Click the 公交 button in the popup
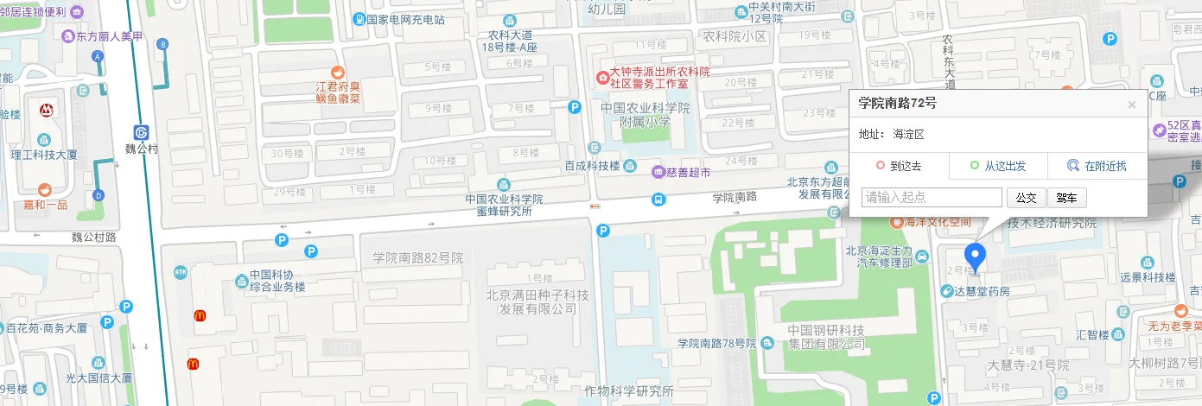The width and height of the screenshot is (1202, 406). click(x=1026, y=198)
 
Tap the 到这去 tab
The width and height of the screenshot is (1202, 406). click(x=899, y=166)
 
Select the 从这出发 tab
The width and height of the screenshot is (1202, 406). click(x=998, y=166)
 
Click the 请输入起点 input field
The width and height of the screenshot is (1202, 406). click(x=932, y=198)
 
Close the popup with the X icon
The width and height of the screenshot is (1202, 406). click(x=1131, y=105)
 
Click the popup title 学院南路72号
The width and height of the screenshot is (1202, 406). click(x=897, y=103)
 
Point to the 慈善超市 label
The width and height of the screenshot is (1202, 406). click(x=687, y=172)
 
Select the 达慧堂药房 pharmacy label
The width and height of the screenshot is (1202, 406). click(x=981, y=291)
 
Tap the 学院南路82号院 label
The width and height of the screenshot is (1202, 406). click(x=418, y=257)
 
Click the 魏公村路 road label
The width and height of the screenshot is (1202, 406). click(x=94, y=236)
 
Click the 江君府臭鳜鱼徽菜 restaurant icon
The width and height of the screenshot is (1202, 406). click(x=338, y=73)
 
